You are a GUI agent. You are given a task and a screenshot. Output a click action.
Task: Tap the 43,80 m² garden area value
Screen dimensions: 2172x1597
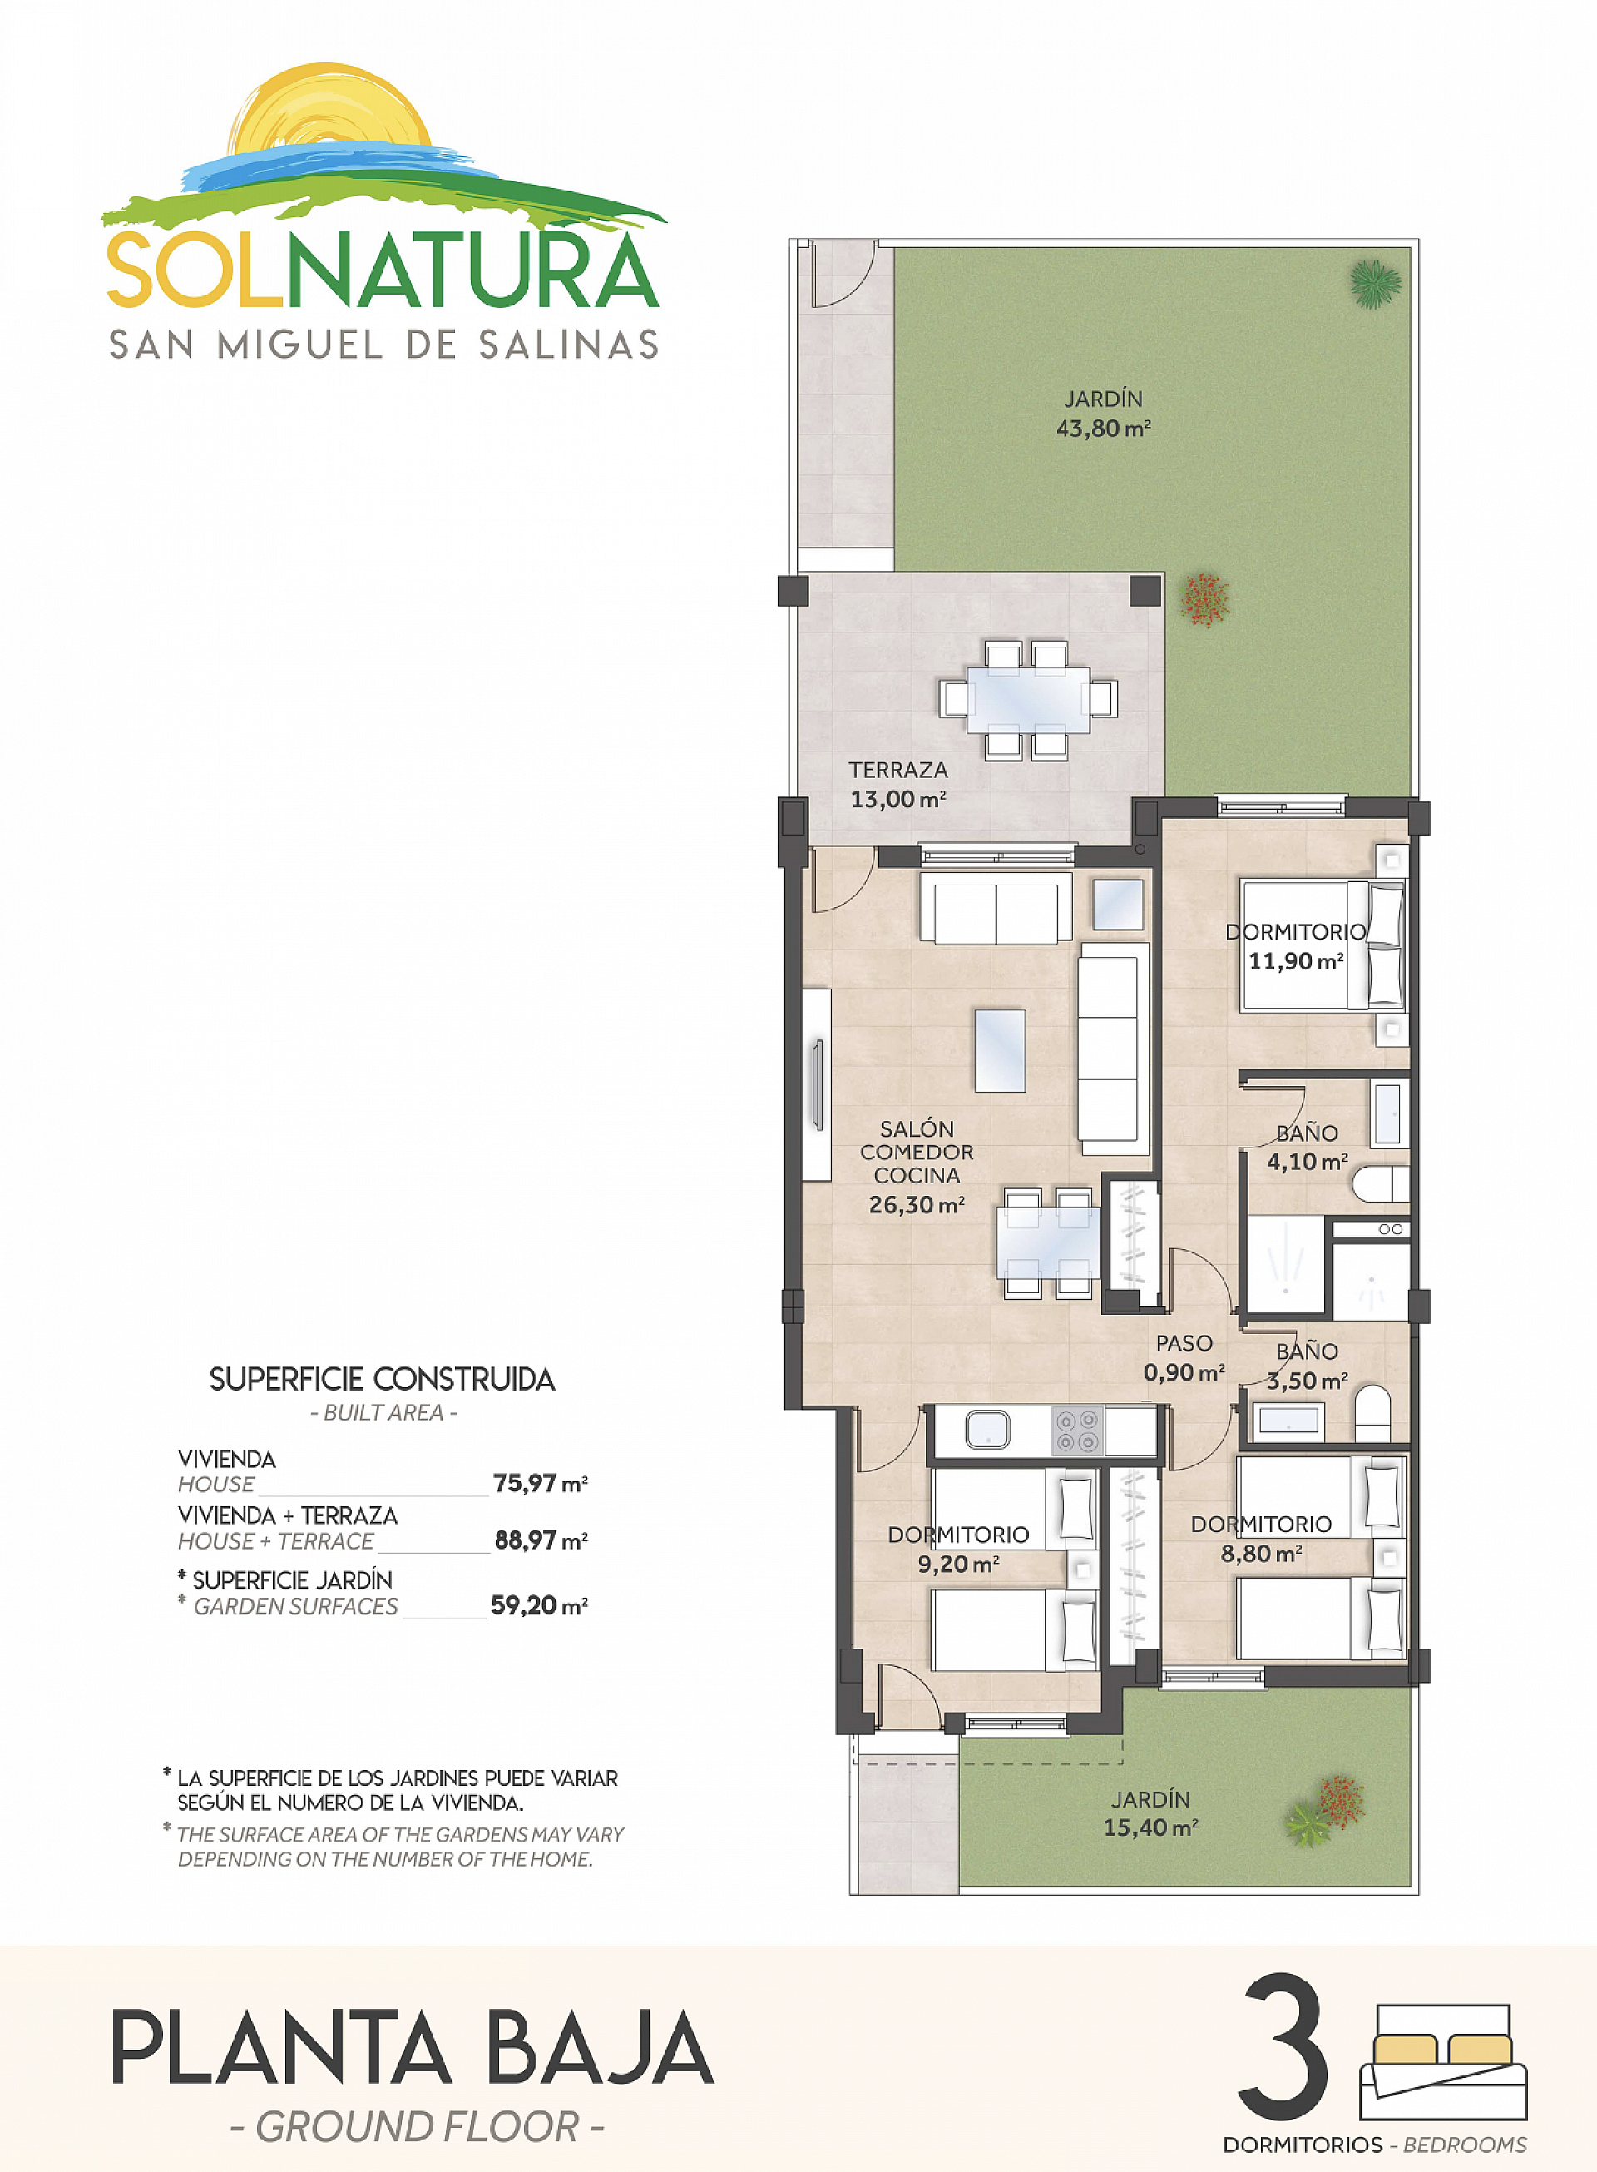coord(1102,429)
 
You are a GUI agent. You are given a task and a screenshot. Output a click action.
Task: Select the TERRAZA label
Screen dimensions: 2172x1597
coord(898,770)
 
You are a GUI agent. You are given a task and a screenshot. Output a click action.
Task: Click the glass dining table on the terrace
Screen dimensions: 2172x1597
coord(1026,698)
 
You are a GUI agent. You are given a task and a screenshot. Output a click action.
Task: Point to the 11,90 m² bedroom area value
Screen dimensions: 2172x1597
coord(1295,961)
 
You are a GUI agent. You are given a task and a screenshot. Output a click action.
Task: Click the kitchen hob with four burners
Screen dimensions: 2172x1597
coord(1077,1431)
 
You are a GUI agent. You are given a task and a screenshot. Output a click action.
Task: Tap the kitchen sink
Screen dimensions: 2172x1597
coord(987,1431)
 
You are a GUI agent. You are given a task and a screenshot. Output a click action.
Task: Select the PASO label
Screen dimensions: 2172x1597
coord(1184,1343)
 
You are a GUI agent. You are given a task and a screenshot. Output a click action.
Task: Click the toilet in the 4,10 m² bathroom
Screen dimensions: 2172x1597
coord(1381,1183)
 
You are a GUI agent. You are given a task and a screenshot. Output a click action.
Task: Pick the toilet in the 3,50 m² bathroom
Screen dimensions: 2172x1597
coord(1372,1413)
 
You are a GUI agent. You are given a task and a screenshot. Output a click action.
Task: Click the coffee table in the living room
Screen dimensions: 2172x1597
coord(1000,1050)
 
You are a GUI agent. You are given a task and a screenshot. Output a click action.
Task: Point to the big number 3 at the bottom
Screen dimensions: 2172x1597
coord(1283,2046)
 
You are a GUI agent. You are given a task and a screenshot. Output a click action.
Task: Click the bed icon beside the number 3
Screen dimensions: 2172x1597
coord(1442,2062)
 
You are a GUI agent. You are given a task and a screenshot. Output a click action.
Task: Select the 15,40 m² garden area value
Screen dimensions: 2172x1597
coord(1150,1827)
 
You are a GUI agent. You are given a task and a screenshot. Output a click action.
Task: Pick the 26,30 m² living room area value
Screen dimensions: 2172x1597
coord(916,1205)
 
